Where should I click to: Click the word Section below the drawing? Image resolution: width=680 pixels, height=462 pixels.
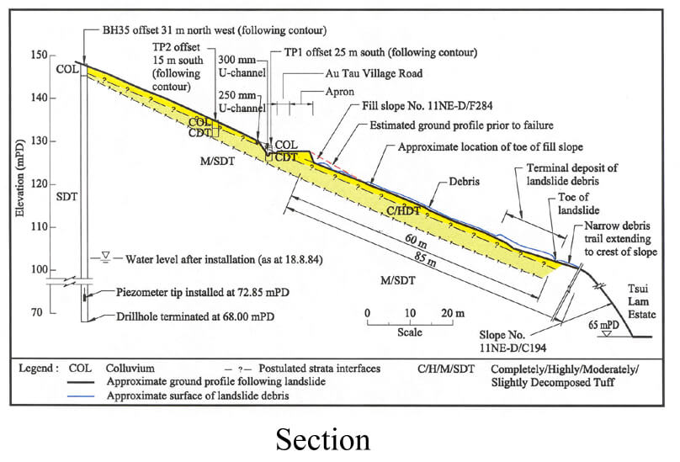coord(322,438)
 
